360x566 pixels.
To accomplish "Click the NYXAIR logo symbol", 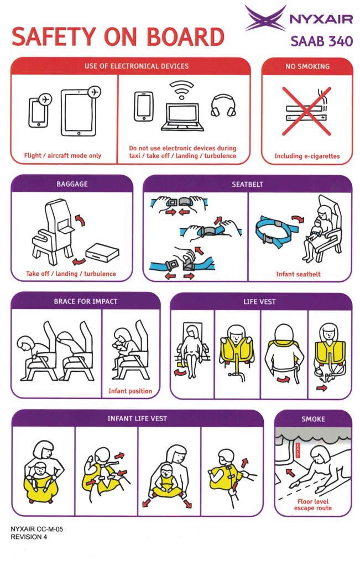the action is pos(266,18).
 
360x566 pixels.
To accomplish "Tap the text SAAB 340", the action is pos(322,41).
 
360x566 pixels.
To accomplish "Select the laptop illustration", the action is pos(182,117).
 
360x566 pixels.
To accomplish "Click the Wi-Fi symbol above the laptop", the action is pos(181,90).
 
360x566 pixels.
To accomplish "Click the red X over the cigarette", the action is pos(306,111).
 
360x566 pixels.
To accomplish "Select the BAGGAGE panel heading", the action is pos(72,184).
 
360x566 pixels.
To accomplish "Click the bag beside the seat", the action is pos(102,251).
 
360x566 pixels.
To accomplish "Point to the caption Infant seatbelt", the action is pos(298,274).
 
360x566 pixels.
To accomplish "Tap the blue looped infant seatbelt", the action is pos(276,231).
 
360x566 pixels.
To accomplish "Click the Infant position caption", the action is pos(130,391).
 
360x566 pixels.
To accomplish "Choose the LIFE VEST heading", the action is pos(259,302).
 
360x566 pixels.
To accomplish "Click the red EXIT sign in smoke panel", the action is pos(298,450).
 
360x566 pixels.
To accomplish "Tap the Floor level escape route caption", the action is pos(312,505).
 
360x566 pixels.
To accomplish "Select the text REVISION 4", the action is pos(29,537).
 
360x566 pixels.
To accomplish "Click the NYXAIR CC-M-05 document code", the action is pos(36,529).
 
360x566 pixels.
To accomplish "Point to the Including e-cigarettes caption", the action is pos(307,156).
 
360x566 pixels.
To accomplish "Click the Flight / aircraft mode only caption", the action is pos(62,155).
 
